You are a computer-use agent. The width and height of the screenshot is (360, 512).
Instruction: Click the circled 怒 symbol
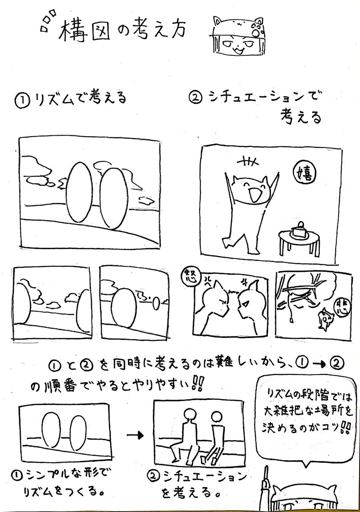pyautogui.click(x=188, y=276)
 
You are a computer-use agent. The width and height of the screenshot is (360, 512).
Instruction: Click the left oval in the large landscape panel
pyautogui.click(x=79, y=195)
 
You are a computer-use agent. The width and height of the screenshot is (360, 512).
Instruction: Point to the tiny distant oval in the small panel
pyautogui.click(x=156, y=304)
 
